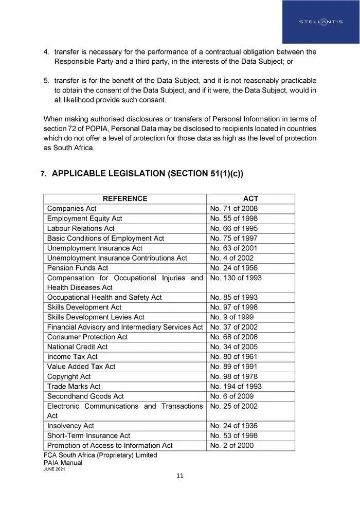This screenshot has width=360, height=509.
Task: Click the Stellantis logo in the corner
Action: pyautogui.click(x=320, y=22)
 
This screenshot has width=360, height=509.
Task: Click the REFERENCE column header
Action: pyautogui.click(x=125, y=198)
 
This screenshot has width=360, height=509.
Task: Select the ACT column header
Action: pyautogui.click(x=250, y=198)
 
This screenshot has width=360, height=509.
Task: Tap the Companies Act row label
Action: pyautogui.click(x=71, y=208)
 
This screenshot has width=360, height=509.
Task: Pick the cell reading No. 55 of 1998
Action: pyautogui.click(x=233, y=219)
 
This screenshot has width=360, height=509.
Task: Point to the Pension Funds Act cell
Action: pyautogui.click(x=78, y=268)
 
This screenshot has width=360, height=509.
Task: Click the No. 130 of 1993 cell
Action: pyautogui.click(x=236, y=278)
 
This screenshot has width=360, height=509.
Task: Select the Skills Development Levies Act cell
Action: pyautogui.click(x=96, y=317)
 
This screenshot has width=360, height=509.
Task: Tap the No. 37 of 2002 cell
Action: pyautogui.click(x=233, y=327)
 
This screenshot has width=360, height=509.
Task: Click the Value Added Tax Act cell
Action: pyautogui.click(x=81, y=367)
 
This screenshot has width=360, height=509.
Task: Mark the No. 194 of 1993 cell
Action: pyautogui.click(x=236, y=386)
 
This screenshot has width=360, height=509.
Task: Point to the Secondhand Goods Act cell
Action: pyautogui.click(x=85, y=396)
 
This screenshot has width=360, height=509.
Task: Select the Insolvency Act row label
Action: pyautogui.click(x=70, y=426)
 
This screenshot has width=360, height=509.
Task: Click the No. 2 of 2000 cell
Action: pyautogui.click(x=231, y=445)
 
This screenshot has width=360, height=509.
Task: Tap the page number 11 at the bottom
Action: pyautogui.click(x=179, y=476)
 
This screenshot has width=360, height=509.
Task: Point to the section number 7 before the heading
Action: pyautogui.click(x=43, y=174)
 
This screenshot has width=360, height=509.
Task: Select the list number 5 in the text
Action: pyautogui.click(x=46, y=81)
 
